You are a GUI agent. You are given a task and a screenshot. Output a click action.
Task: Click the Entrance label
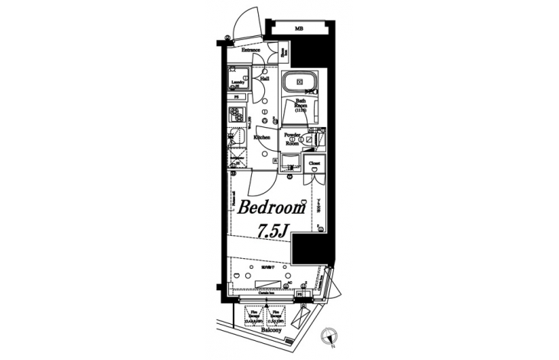(x=252, y=51)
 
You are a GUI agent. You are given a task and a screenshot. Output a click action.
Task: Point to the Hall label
(x=264, y=78)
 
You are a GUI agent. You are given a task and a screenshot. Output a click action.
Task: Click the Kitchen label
(x=262, y=137)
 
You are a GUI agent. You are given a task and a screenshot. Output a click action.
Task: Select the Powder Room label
(x=291, y=139)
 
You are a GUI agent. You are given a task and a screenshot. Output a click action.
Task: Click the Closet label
(x=314, y=164)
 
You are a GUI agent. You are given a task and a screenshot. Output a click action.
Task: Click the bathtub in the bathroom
(x=300, y=83)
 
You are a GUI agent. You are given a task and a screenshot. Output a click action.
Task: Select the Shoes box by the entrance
(x=283, y=54)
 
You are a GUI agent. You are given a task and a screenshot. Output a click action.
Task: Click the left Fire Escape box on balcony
(x=252, y=316)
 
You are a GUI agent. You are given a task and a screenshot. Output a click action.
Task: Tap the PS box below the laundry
(x=237, y=98)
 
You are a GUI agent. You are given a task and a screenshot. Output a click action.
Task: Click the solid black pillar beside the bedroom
(x=309, y=248)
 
